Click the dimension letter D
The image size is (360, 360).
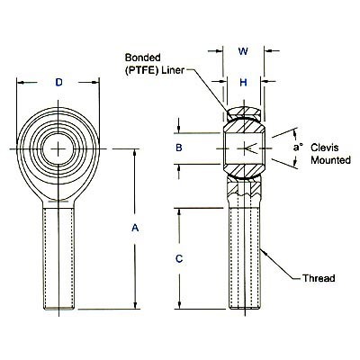pyautogui.click(x=59, y=84)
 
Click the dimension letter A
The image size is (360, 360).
pyautogui.click(x=135, y=229)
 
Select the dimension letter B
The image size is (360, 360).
pyautogui.click(x=179, y=148)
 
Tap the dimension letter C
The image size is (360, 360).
pyautogui.click(x=179, y=259)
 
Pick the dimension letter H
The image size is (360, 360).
pyautogui.click(x=243, y=84)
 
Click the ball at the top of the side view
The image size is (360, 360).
pyautogui.click(x=243, y=115)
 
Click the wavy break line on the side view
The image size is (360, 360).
pyautogui.click(x=243, y=191)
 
